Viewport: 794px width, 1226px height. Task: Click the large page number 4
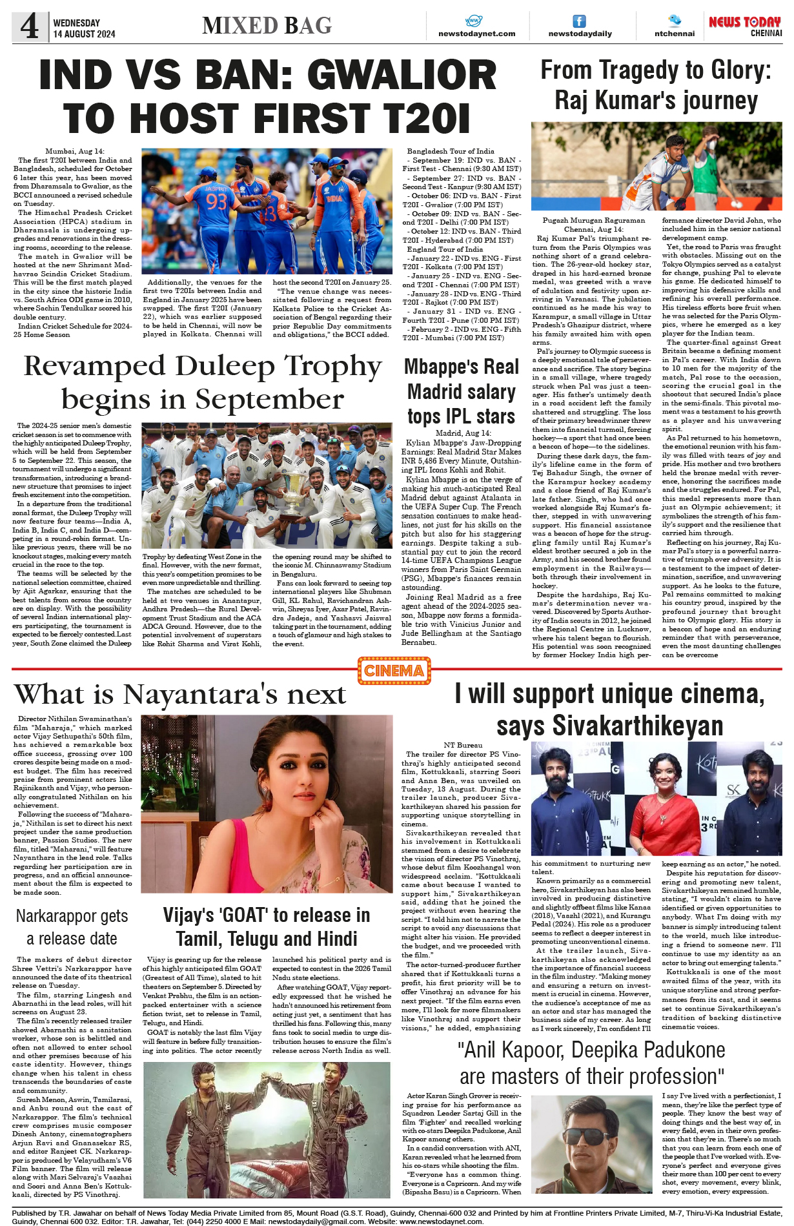pyautogui.click(x=30, y=26)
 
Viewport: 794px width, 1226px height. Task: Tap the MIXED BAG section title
pyautogui.click(x=267, y=25)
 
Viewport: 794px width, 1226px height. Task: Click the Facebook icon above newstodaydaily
pyautogui.click(x=580, y=21)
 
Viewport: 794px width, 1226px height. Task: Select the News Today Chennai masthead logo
pyautogui.click(x=745, y=26)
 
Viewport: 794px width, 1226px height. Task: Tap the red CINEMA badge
pyautogui.click(x=394, y=671)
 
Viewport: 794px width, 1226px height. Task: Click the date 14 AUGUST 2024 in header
pyautogui.click(x=84, y=34)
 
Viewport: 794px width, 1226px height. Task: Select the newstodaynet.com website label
pyautogui.click(x=476, y=34)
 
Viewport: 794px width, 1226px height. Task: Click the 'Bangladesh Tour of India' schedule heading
pyautogui.click(x=450, y=151)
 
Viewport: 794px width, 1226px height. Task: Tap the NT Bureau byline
pyautogui.click(x=463, y=745)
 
